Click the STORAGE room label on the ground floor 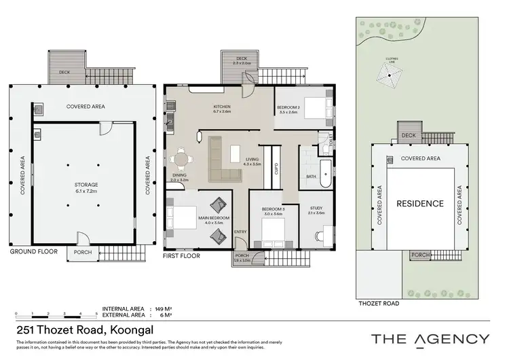86,184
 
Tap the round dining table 181,160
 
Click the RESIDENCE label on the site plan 420,203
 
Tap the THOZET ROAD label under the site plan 378,304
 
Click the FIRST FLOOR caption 181,257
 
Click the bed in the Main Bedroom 181,217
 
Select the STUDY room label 316,208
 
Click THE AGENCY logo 430,338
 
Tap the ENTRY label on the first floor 240,232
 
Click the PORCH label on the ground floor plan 81,256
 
